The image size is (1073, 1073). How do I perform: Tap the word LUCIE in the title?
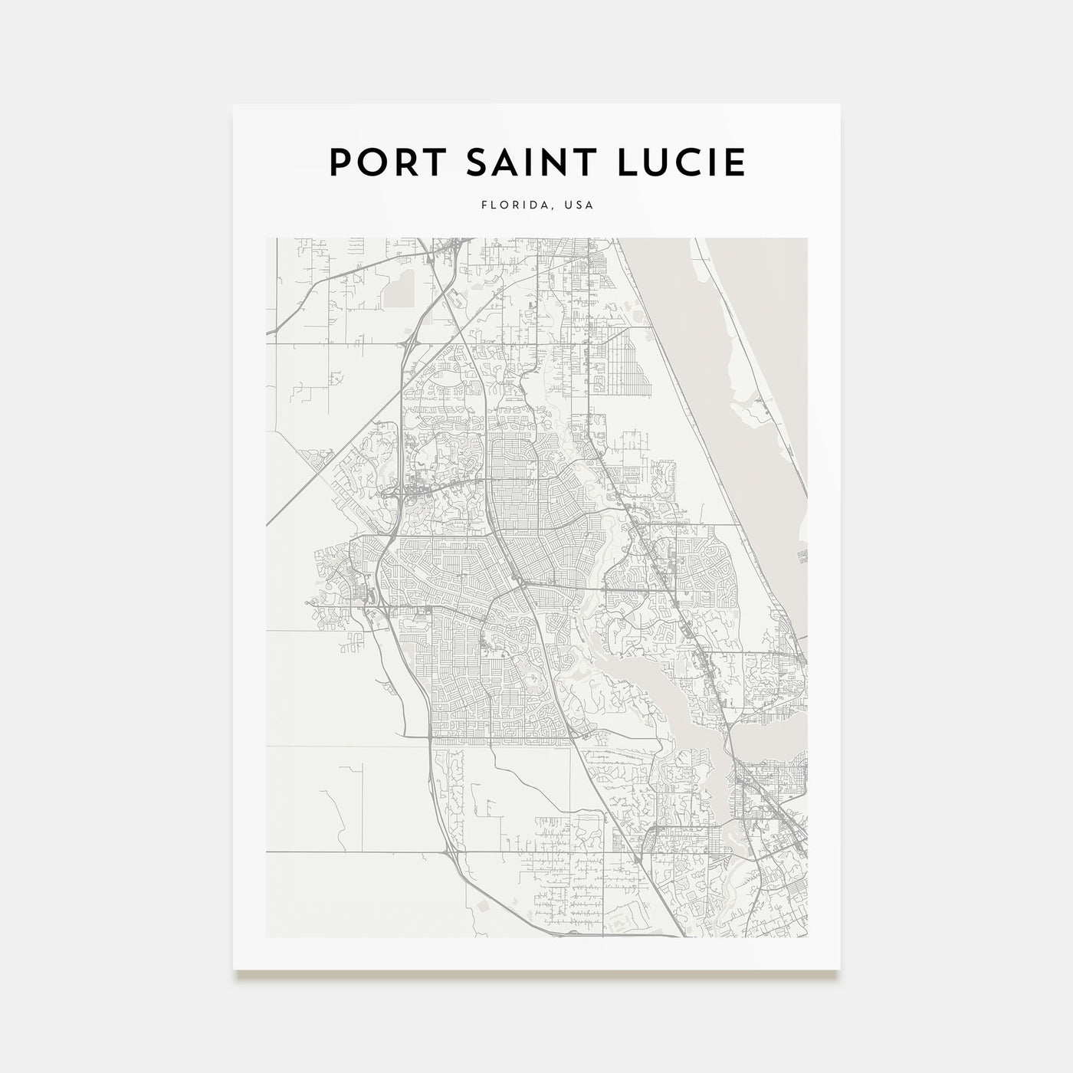coord(684,162)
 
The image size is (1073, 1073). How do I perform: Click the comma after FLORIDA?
coord(553,208)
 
